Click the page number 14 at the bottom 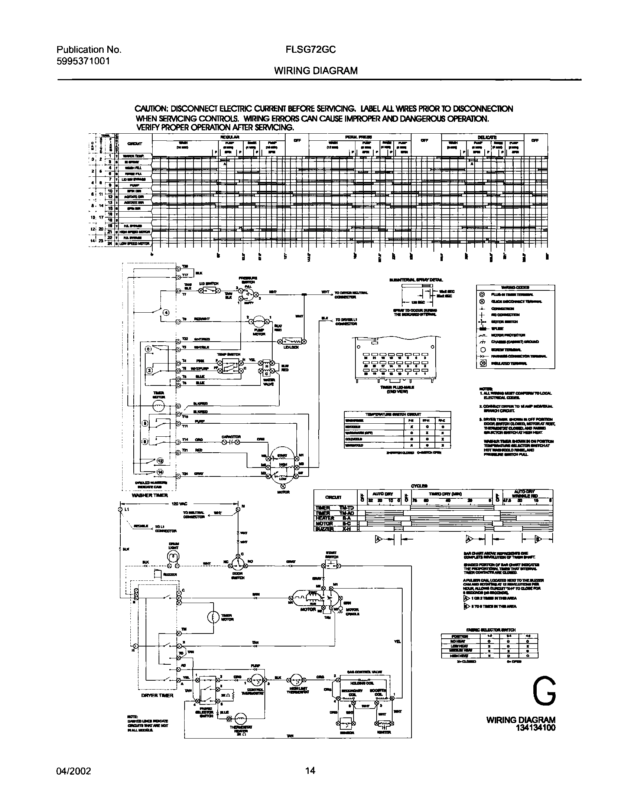310,771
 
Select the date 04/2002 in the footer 74,771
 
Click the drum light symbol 173,556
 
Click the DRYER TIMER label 157,695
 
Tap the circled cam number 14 160,472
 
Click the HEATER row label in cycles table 325,518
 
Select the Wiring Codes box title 515,287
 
